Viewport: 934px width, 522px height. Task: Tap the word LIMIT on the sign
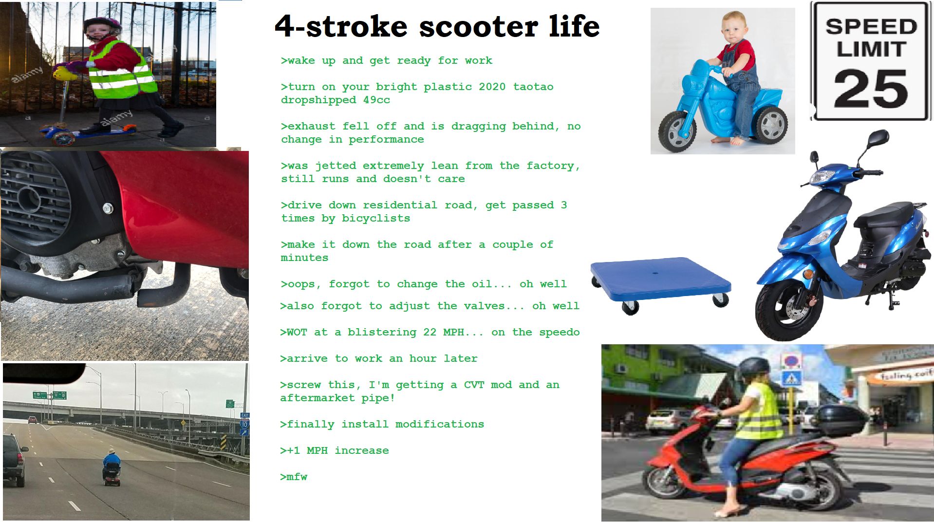pyautogui.click(x=871, y=50)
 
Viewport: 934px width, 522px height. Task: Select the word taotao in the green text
pyautogui.click(x=533, y=87)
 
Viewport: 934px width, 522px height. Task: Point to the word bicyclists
pyautogui.click(x=376, y=218)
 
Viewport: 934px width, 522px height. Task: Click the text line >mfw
pyautogui.click(x=294, y=477)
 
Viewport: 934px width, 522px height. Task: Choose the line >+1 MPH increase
pyautogui.click(x=335, y=450)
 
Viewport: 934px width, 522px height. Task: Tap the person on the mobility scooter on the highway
pyautogui.click(x=112, y=463)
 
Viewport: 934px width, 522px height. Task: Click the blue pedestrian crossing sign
pyautogui.click(x=791, y=378)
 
